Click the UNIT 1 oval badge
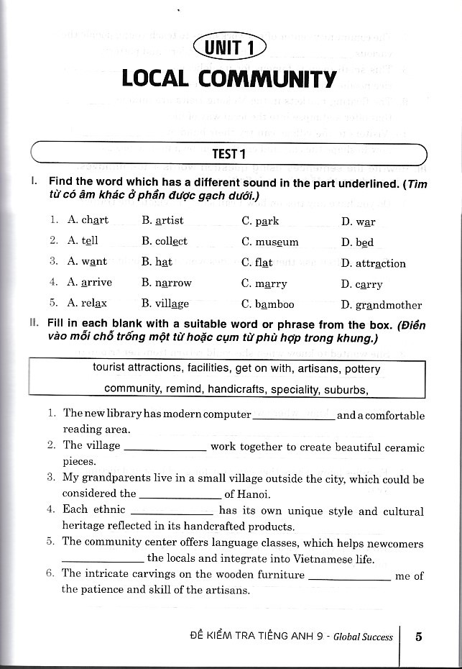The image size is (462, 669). (x=230, y=47)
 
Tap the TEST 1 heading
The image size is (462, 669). (x=230, y=153)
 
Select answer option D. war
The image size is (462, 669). (x=359, y=222)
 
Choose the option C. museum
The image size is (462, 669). (x=269, y=242)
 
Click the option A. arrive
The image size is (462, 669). (x=90, y=282)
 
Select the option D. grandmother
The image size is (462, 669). (x=382, y=304)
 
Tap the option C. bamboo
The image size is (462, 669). (x=268, y=304)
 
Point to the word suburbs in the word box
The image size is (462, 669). (x=342, y=389)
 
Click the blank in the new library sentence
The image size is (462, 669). (x=293, y=416)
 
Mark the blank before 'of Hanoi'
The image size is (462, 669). (x=179, y=494)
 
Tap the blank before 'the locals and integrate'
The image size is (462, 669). (x=103, y=559)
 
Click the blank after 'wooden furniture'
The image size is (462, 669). (x=349, y=575)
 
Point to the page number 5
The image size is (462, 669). (x=419, y=637)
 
